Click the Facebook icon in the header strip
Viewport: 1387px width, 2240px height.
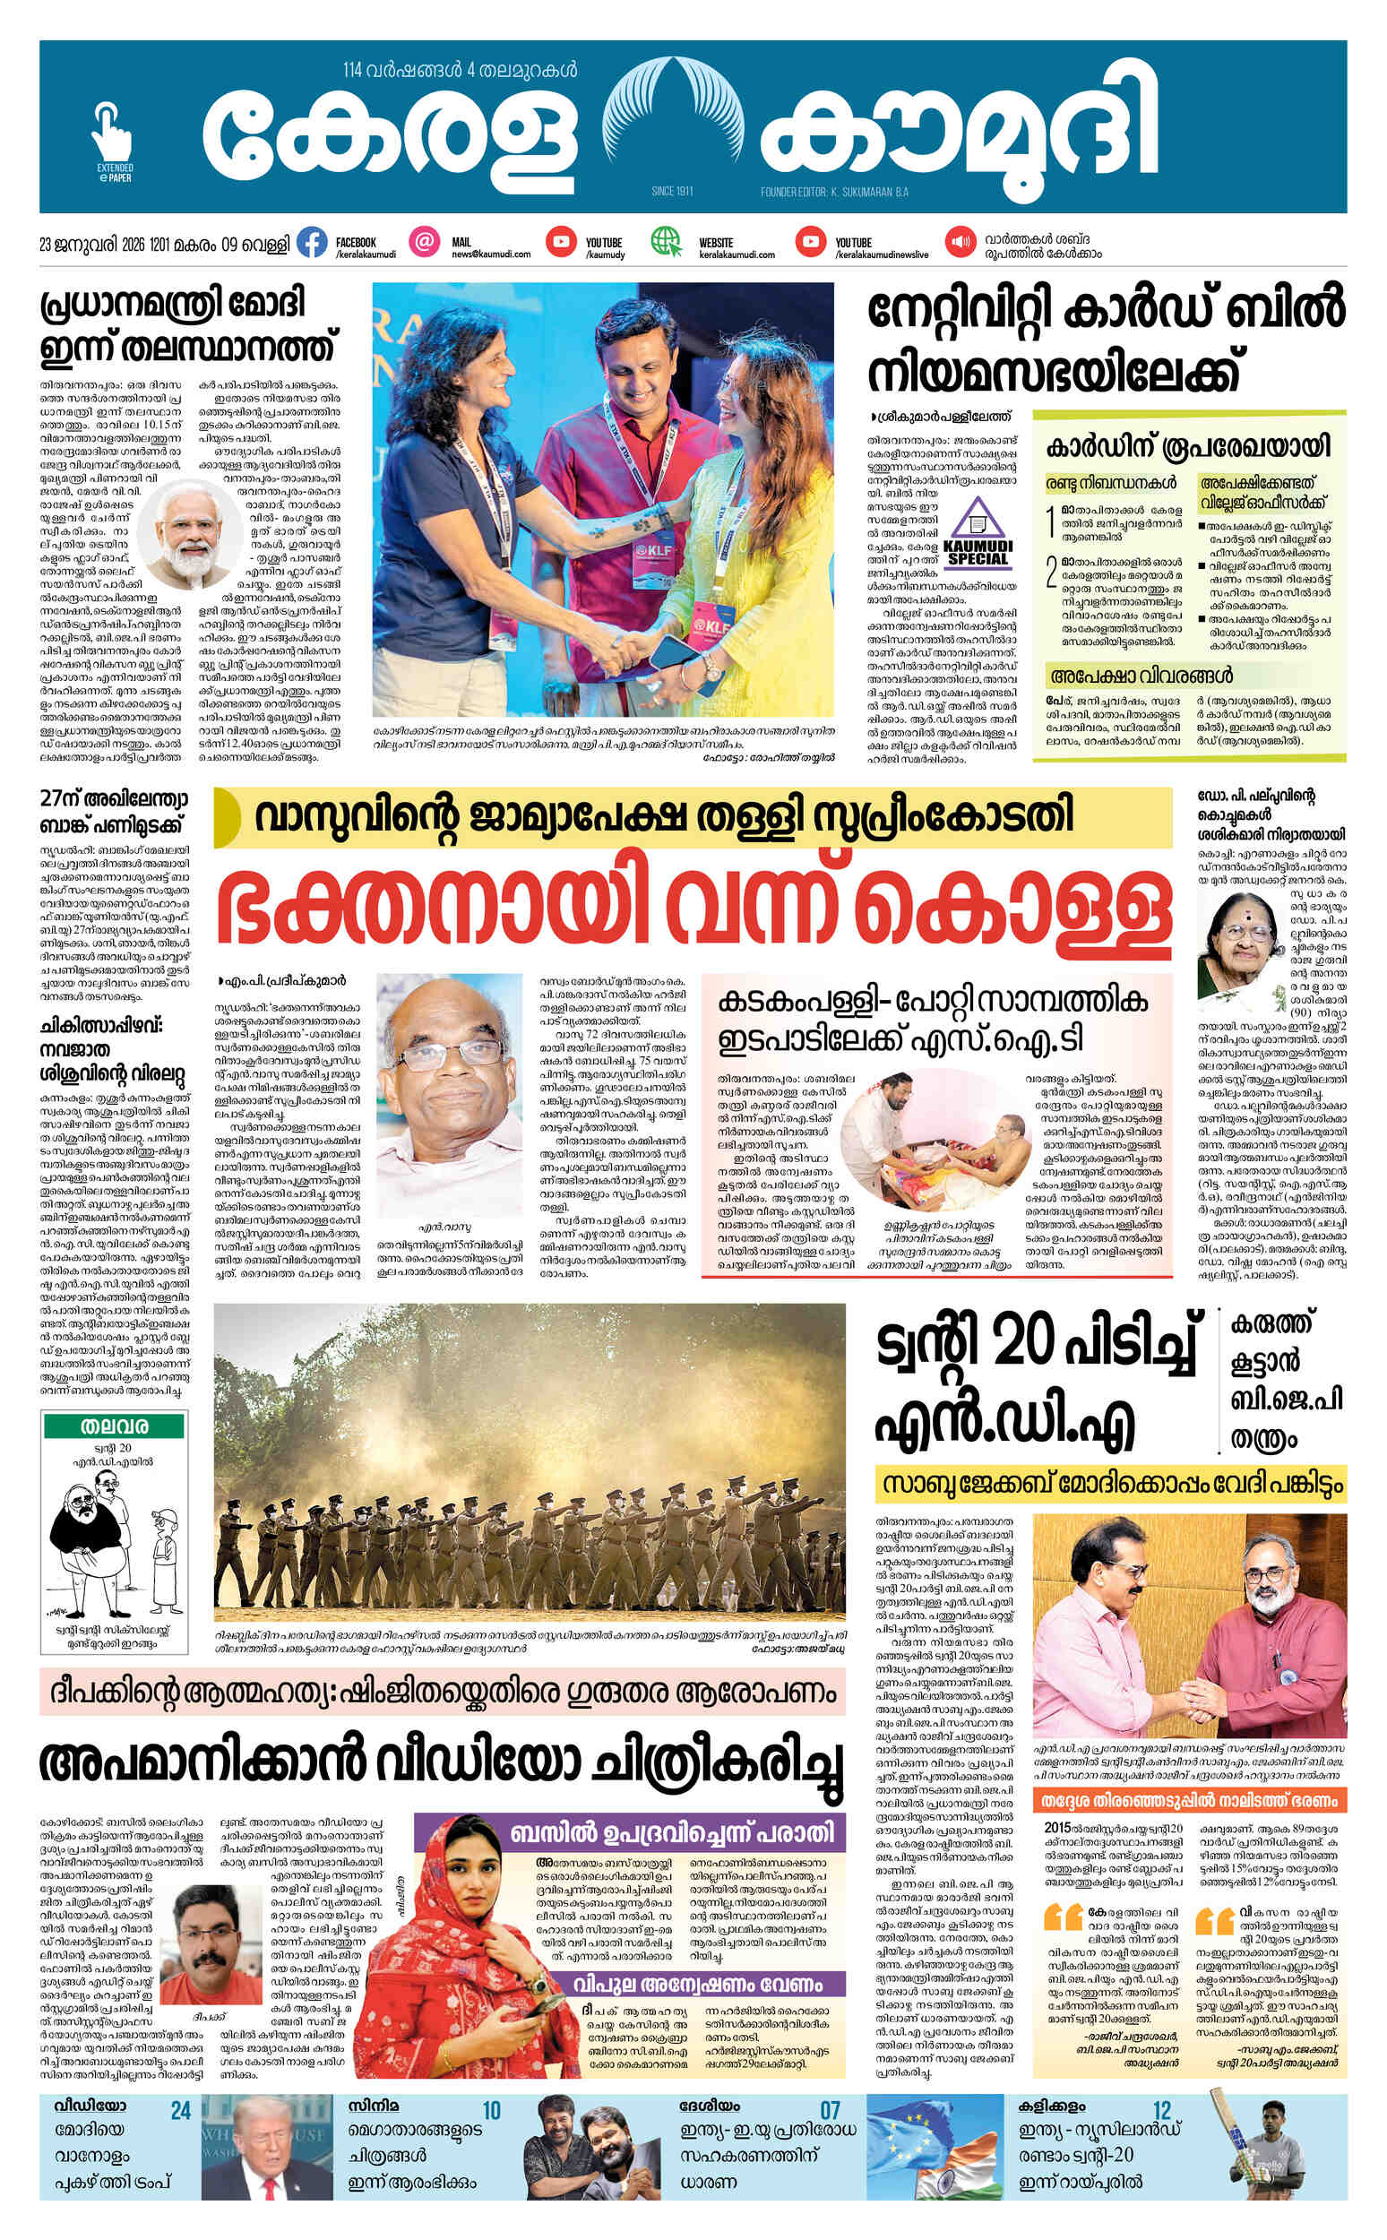313,243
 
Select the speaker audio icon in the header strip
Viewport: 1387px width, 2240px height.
960,243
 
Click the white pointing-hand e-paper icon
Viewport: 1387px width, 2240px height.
111,130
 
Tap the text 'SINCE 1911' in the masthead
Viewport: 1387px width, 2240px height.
671,192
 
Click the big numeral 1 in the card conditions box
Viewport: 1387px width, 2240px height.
1052,523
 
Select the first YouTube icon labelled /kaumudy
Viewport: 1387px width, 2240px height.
560,242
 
